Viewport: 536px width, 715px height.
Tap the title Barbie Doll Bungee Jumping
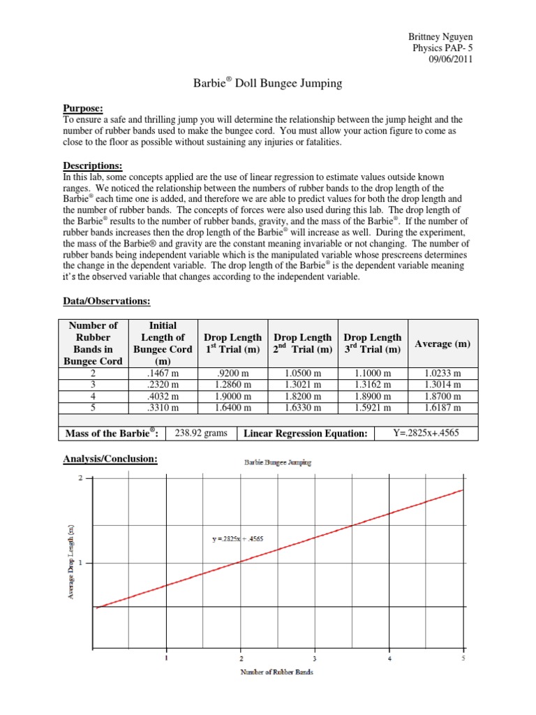tap(267, 83)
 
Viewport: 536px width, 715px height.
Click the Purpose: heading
tap(83, 108)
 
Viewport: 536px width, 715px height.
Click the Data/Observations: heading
tap(107, 302)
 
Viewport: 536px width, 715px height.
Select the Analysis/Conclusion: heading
tap(110, 459)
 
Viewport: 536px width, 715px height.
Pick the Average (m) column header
tap(442, 344)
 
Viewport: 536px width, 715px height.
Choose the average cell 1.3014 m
tap(442, 385)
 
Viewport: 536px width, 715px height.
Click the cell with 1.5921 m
tap(373, 407)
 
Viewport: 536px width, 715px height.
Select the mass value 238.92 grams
tap(201, 434)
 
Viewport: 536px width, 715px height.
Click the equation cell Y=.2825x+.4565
tap(426, 434)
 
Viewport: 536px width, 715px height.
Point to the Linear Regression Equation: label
tap(305, 434)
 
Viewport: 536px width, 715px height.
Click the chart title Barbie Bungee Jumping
tap(277, 462)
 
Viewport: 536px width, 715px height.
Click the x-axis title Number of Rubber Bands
tap(277, 672)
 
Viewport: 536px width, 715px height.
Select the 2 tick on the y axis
tap(80, 478)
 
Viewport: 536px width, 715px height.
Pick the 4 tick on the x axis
tap(389, 658)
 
